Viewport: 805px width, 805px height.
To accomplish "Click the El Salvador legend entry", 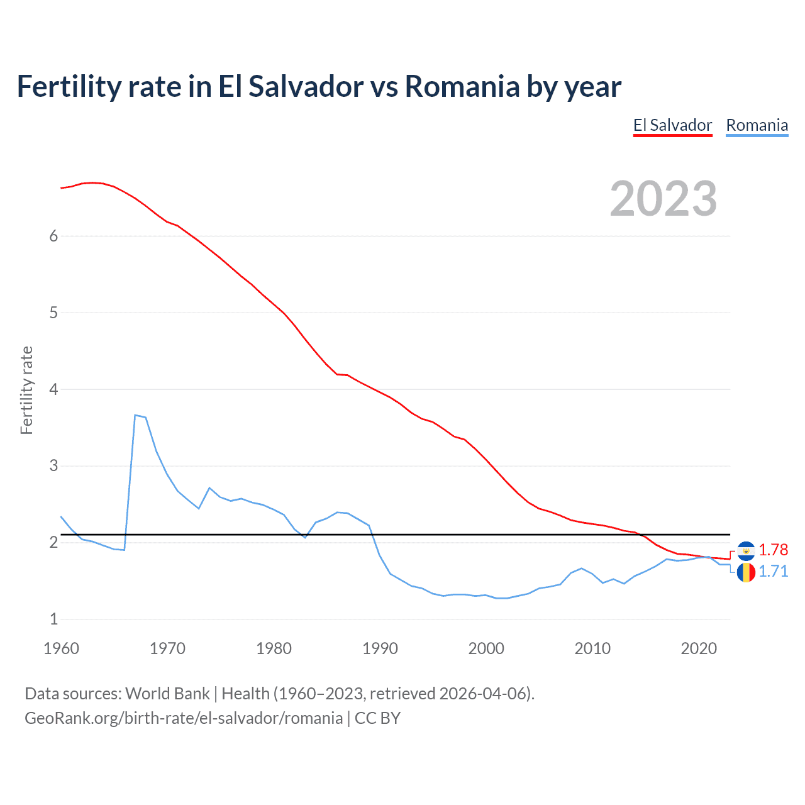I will [672, 125].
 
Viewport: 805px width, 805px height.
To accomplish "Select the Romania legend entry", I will [757, 125].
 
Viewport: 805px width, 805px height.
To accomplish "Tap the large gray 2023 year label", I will [663, 199].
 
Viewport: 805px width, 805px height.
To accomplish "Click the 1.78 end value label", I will [773, 550].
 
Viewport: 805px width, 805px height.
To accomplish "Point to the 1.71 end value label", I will [773, 571].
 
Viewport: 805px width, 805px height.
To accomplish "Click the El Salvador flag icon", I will [746, 551].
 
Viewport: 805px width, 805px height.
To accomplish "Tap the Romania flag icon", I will [746, 572].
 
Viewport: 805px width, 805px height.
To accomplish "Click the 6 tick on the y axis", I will [53, 236].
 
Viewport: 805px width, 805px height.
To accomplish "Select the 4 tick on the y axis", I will [53, 389].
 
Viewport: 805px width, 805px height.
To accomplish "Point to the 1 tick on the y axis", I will [53, 619].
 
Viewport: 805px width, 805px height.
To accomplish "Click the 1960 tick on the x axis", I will [61, 648].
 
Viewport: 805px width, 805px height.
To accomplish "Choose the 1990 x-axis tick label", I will [380, 648].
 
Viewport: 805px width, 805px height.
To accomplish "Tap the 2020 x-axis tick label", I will [699, 648].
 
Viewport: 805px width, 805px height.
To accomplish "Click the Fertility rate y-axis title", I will [26, 390].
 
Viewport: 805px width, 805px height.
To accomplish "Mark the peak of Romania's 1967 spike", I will [135, 415].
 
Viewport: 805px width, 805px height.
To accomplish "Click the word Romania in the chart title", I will [462, 86].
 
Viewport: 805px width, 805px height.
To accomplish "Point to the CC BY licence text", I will [377, 718].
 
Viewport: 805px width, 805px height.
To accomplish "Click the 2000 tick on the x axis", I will [486, 648].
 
